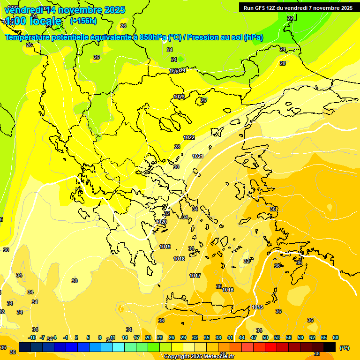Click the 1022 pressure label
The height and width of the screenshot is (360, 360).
pyautogui.click(x=189, y=137)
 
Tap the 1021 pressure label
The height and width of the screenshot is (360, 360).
pyautogui.click(x=197, y=156)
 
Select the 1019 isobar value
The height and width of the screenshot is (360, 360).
pyautogui.click(x=165, y=247)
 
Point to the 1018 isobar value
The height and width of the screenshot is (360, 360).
pyautogui.click(x=179, y=259)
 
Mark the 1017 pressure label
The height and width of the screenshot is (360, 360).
pyautogui.click(x=195, y=276)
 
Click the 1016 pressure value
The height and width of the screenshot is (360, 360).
pyautogui.click(x=228, y=290)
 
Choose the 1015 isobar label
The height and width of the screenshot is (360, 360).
pyautogui.click(x=257, y=307)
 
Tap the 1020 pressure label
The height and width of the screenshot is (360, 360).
pyautogui.click(x=161, y=222)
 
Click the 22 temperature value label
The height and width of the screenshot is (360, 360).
pyautogui.click(x=290, y=18)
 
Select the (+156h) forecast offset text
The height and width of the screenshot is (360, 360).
pyautogui.click(x=83, y=21)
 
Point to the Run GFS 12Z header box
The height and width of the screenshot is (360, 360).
pyautogui.click(x=298, y=7)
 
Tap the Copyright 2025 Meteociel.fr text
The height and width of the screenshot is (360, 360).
pyautogui.click(x=199, y=357)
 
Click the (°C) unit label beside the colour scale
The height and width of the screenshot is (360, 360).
pyautogui.click(x=344, y=348)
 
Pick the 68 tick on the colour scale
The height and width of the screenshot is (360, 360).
pyautogui.click(x=335, y=337)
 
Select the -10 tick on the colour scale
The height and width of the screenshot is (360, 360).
pyautogui.click(x=32, y=337)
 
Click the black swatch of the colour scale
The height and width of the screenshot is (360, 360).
pyautogui.click(x=330, y=347)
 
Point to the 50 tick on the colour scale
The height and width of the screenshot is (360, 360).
pyautogui.click(x=265, y=337)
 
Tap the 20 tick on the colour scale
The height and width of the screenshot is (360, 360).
pyautogui.click(x=148, y=337)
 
